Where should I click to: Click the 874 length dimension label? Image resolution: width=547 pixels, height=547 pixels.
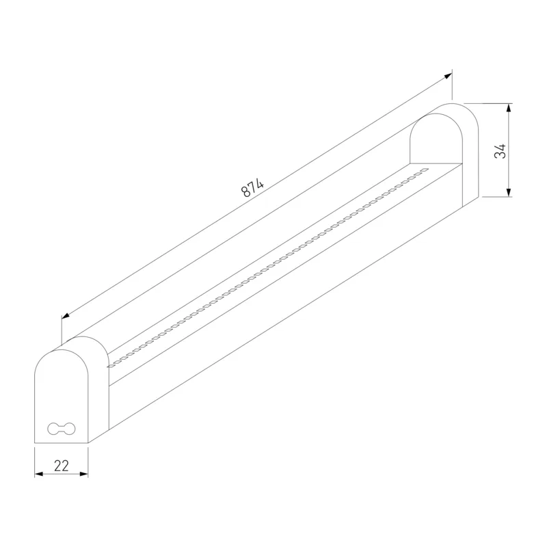point(252,188)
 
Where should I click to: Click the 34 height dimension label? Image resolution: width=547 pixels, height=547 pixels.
point(501,150)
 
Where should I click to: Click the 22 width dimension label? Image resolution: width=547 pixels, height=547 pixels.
point(62,466)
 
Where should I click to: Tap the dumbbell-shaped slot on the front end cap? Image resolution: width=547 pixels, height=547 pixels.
point(61,429)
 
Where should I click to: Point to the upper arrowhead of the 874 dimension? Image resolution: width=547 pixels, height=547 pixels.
point(449,76)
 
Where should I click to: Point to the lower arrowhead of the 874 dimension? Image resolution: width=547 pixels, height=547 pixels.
point(66,316)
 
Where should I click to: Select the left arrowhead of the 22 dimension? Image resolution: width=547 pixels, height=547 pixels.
point(39,474)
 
